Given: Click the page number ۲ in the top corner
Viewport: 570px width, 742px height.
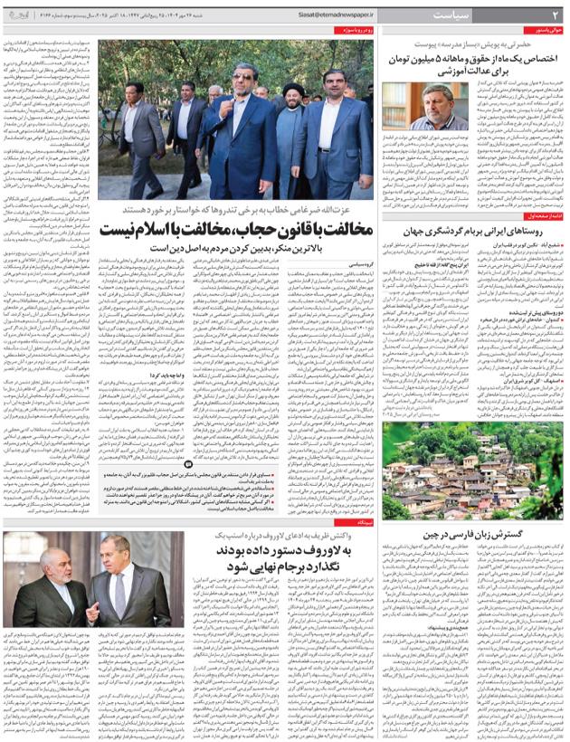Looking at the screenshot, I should click(x=556, y=14).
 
